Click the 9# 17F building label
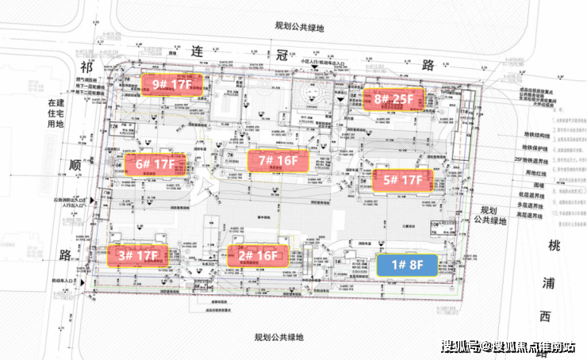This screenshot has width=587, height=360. pos(172,83)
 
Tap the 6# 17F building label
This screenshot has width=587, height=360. pos(155,166)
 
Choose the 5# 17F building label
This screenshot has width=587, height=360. pos(402,180)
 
